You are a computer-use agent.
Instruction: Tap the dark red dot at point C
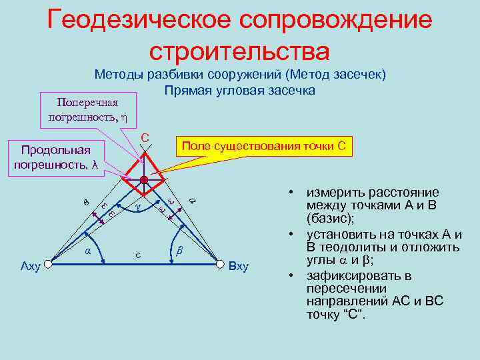point(145,180)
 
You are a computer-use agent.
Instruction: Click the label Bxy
point(239,267)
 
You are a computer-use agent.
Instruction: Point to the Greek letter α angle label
point(88,251)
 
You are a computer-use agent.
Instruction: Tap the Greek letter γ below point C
point(137,208)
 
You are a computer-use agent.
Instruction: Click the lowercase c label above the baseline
point(137,255)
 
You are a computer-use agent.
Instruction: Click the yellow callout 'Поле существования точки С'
point(263,146)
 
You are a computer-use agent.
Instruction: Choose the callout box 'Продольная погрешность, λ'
point(56,157)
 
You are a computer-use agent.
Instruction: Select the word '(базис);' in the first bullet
point(331,218)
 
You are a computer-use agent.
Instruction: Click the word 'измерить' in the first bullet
point(333,192)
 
